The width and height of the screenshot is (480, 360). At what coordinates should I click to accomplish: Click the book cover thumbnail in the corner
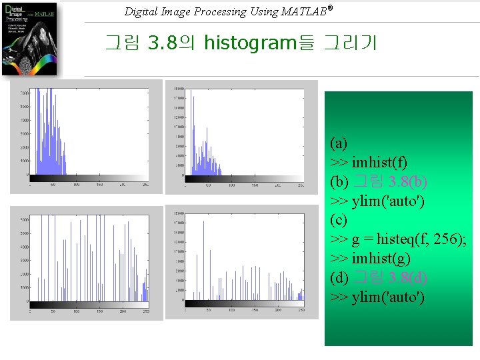[x=31, y=39]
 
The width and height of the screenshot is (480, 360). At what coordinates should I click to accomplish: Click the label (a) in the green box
[x=339, y=143]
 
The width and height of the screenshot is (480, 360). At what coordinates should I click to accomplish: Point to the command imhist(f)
[x=379, y=162]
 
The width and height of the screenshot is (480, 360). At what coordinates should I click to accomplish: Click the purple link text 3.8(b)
[x=409, y=181]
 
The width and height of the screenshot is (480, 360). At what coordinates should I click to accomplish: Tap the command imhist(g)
[x=381, y=258]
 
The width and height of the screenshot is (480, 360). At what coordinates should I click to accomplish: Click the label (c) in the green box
[x=339, y=219]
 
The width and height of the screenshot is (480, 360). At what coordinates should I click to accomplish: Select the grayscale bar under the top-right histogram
[x=244, y=179]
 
